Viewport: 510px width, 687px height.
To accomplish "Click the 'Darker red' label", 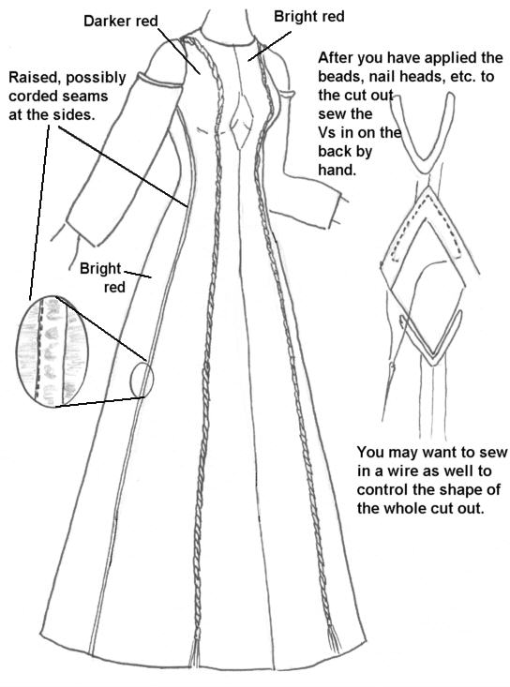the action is coord(121,21).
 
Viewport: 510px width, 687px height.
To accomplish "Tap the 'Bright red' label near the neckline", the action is coord(308,16).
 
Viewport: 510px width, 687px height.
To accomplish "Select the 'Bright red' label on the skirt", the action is coord(101,277).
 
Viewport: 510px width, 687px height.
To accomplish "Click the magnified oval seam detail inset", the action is coord(52,351).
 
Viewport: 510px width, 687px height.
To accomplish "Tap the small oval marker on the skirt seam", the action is coord(142,379).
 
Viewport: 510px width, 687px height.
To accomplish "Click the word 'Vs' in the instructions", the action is coord(327,133).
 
